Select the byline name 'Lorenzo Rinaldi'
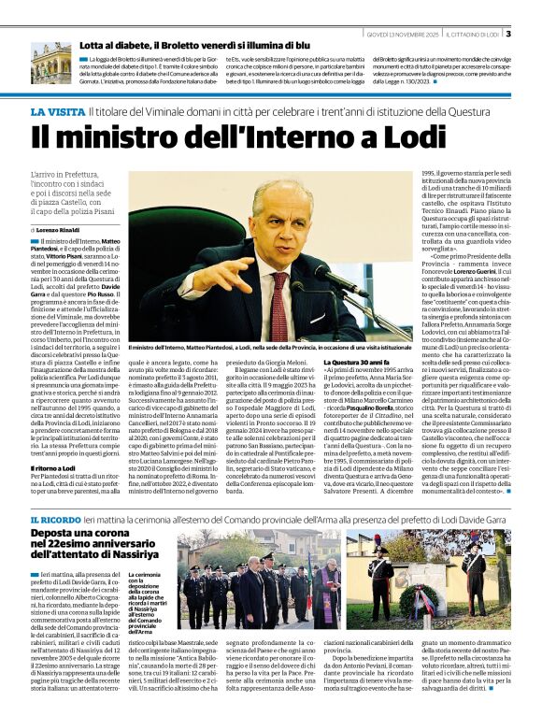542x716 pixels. click(60, 229)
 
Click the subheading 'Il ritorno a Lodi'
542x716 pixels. click(58, 466)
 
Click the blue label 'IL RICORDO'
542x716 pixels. click(54, 519)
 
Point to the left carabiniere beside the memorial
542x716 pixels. click(381, 584)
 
